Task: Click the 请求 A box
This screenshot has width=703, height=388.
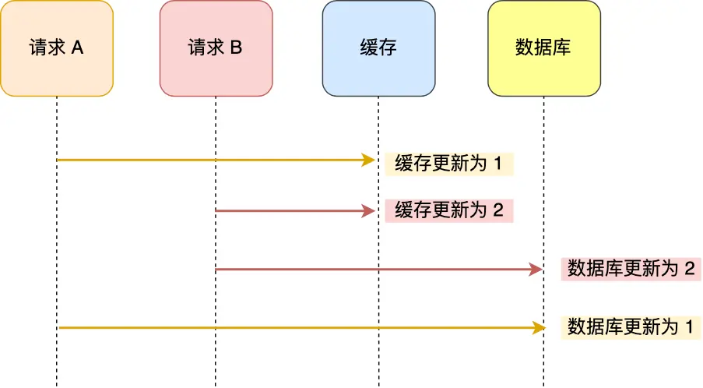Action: tap(57, 48)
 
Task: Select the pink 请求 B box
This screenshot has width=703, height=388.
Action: tap(216, 48)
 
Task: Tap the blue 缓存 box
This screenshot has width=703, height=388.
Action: tap(378, 48)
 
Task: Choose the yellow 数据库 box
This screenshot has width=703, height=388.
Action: tap(543, 48)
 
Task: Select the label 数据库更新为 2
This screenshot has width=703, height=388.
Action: tap(631, 269)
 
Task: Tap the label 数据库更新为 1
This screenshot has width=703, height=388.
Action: tap(631, 326)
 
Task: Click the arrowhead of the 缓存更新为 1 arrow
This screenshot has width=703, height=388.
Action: tap(370, 160)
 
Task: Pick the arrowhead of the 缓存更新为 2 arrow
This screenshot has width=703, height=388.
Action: tap(370, 210)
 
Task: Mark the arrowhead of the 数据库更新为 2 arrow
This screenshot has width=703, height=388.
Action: tap(536, 269)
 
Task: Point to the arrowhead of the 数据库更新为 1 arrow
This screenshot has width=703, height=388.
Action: tap(536, 328)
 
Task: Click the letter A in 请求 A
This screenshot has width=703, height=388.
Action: tap(77, 48)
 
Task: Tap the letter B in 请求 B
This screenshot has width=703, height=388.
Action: tap(236, 48)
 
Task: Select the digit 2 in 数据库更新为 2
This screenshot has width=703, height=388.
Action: tap(689, 269)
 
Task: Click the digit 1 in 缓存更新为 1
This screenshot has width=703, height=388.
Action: tap(499, 164)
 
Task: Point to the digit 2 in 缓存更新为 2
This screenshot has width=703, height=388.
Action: tap(499, 210)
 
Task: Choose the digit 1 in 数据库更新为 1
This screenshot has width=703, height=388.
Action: tap(688, 326)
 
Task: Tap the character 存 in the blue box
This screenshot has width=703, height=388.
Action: tap(388, 48)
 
